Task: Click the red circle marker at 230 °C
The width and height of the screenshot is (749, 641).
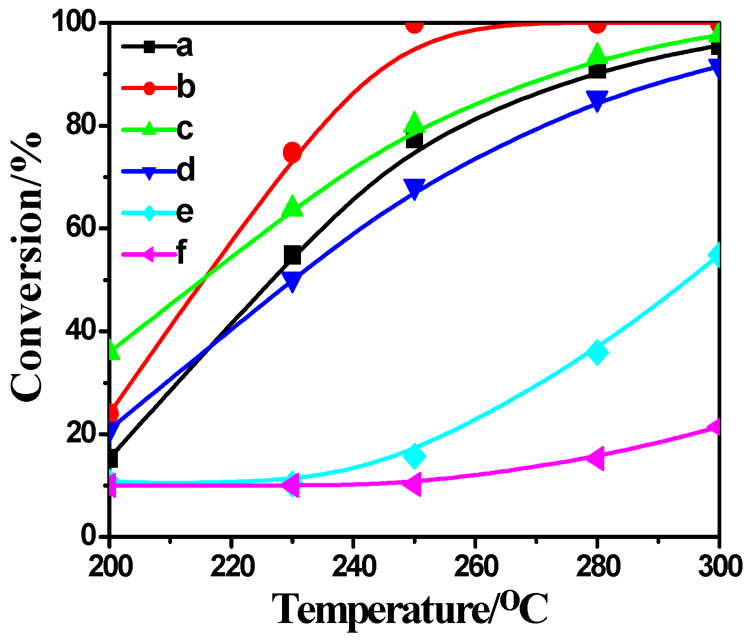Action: point(292,152)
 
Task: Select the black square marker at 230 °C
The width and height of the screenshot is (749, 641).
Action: point(292,255)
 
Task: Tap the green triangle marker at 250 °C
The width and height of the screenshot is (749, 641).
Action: point(414,122)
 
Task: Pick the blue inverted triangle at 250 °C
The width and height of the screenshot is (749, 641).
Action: point(414,188)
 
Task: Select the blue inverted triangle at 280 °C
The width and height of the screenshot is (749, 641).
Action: point(597,100)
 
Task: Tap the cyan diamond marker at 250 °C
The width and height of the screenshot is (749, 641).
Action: point(414,455)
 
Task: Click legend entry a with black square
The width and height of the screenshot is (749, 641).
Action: point(157,46)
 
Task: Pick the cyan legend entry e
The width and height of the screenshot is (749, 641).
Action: point(157,212)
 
